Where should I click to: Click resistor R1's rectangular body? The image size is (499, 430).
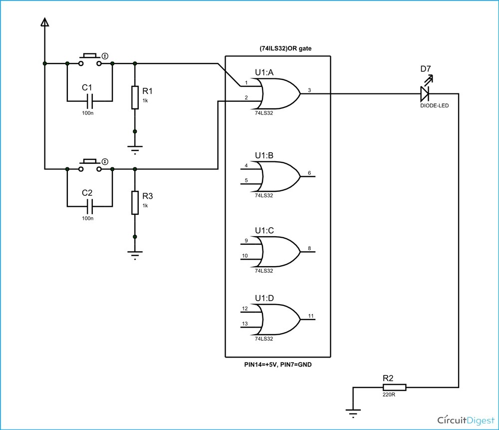(x=135, y=97)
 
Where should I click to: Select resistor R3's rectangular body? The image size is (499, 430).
(x=135, y=203)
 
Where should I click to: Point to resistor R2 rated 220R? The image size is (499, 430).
(x=394, y=387)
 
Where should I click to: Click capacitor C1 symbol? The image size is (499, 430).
(x=89, y=101)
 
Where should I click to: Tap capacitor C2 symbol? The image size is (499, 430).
(x=89, y=205)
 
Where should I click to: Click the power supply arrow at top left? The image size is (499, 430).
(x=45, y=22)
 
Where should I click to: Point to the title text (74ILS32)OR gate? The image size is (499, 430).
(x=278, y=48)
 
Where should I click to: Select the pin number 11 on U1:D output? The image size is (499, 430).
(x=310, y=316)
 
